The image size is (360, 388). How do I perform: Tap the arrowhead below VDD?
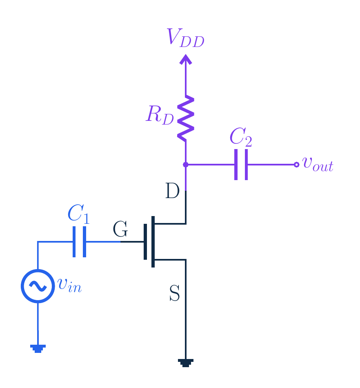(x=186, y=60)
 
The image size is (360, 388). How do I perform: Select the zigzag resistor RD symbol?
(x=186, y=118)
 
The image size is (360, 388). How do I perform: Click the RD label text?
(x=160, y=115)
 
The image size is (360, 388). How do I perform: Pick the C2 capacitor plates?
(x=241, y=165)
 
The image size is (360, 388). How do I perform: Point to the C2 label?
(x=241, y=137)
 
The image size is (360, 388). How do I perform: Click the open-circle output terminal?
(x=296, y=165)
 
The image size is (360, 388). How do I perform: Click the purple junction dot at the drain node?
(x=185, y=165)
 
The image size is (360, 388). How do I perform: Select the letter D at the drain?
(x=172, y=191)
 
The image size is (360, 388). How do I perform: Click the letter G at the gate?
(x=120, y=229)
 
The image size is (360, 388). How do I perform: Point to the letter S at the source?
(x=175, y=293)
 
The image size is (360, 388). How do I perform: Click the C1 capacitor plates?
(x=79, y=242)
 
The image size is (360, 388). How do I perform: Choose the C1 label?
(x=78, y=214)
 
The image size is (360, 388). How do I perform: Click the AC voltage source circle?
(x=38, y=286)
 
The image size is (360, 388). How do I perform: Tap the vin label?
(x=69, y=285)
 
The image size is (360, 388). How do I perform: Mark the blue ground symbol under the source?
(x=38, y=348)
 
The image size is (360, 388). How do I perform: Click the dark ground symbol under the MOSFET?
(x=186, y=363)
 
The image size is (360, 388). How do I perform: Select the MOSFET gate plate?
(x=145, y=242)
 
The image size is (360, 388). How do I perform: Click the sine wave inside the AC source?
(x=38, y=286)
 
